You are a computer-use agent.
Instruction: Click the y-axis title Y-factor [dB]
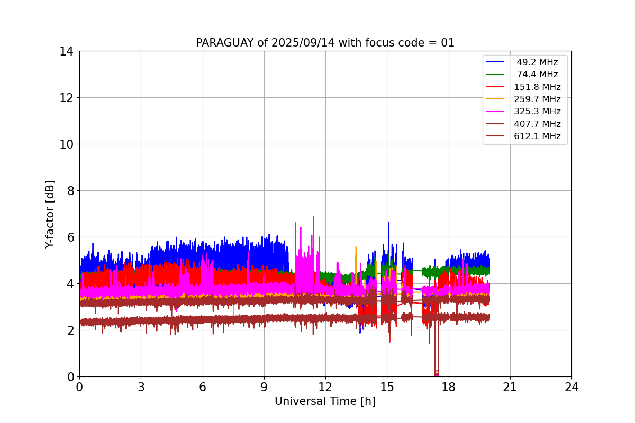coord(50,214)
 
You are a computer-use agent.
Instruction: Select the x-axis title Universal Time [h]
coord(325,401)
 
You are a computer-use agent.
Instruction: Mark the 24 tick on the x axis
coord(571,387)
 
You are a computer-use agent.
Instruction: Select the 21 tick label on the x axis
coord(510,387)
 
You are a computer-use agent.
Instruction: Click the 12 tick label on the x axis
coord(325,387)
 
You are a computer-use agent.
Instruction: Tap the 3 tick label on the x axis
coord(141,387)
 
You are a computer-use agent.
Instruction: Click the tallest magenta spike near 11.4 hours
coord(313,217)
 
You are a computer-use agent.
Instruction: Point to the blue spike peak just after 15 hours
coord(388,223)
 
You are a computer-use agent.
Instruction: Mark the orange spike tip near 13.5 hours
coord(356,247)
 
